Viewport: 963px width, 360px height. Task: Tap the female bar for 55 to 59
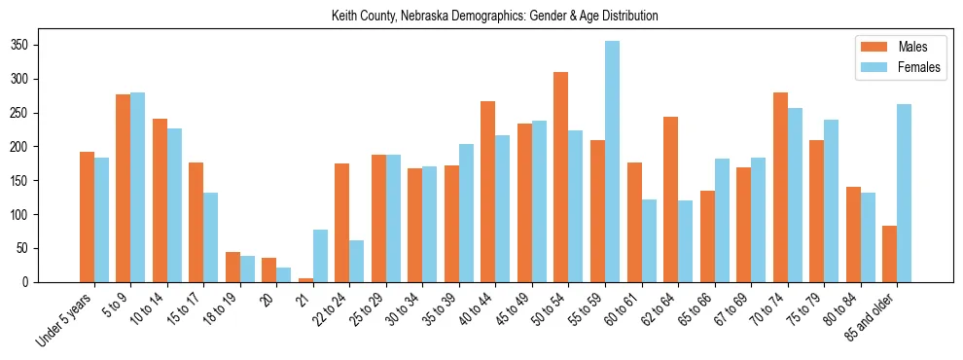click(x=612, y=162)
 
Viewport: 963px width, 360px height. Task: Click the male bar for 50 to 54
click(x=560, y=177)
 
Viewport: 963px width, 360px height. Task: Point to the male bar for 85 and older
click(x=889, y=254)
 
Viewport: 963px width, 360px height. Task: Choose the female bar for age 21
click(x=320, y=256)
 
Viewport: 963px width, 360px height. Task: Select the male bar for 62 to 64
click(x=670, y=199)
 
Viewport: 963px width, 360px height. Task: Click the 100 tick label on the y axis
click(x=53, y=215)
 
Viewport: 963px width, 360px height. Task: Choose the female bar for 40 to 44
click(x=502, y=208)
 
